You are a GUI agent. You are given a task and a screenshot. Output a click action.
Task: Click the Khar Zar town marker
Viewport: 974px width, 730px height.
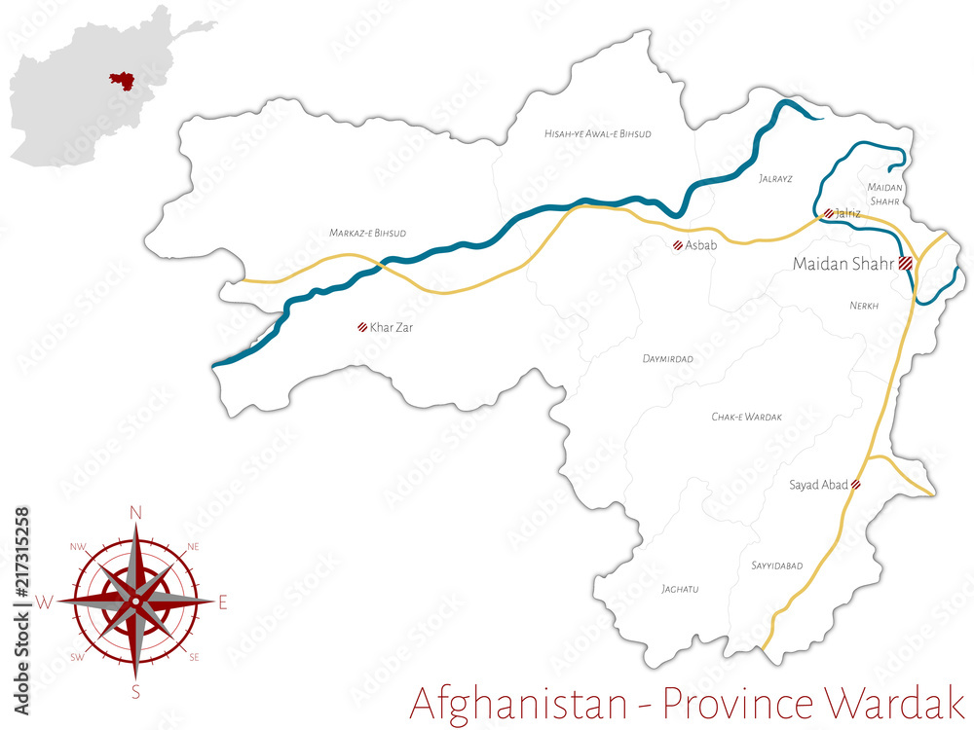pyautogui.click(x=362, y=328)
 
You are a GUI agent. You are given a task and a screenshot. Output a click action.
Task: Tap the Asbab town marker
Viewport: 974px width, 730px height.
pyautogui.click(x=677, y=245)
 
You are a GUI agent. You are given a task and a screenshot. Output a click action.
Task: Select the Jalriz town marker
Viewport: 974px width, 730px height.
pyautogui.click(x=828, y=213)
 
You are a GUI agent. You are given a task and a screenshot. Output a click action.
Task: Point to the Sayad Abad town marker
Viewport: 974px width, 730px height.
pyautogui.click(x=856, y=484)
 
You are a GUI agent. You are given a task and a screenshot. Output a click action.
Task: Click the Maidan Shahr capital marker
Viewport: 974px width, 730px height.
pyautogui.click(x=905, y=263)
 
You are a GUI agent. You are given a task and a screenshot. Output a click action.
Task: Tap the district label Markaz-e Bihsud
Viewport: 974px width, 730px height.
pyautogui.click(x=367, y=234)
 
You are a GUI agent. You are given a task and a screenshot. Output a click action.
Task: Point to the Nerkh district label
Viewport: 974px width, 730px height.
pyautogui.click(x=864, y=306)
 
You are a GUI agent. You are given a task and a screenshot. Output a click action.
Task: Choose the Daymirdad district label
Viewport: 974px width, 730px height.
pyautogui.click(x=667, y=359)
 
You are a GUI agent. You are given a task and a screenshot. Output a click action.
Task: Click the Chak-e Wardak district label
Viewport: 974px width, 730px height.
pyautogui.click(x=747, y=417)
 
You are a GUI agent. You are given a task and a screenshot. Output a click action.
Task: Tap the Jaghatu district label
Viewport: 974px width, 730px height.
pyautogui.click(x=680, y=588)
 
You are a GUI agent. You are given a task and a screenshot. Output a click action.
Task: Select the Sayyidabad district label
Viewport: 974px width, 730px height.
pyautogui.click(x=776, y=566)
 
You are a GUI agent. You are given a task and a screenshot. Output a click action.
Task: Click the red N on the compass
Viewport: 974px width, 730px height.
pyautogui.click(x=135, y=512)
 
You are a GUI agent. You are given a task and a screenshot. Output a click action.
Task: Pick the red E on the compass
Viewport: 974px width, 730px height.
pyautogui.click(x=222, y=602)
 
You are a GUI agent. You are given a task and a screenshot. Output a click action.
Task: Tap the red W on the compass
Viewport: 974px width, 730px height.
pyautogui.click(x=45, y=602)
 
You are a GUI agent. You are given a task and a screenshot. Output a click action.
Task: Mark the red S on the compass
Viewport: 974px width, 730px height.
pyautogui.click(x=135, y=692)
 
